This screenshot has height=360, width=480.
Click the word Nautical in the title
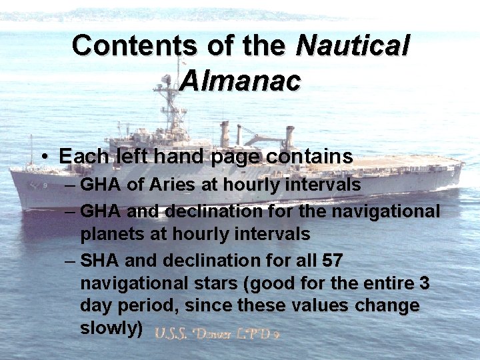353,45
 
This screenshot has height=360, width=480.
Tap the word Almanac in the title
240,81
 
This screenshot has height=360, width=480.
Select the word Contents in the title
133,45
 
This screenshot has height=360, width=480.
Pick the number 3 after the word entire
425,283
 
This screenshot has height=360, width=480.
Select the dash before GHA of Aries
70,185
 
